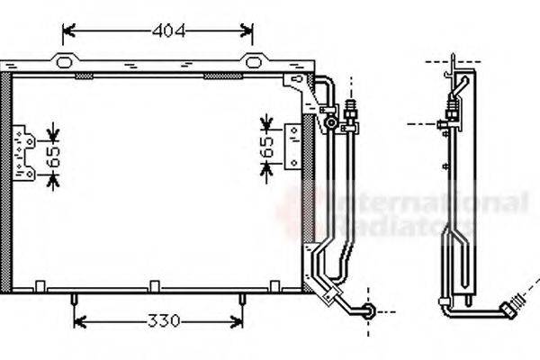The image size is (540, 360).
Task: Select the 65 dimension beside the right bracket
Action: pos(266,148)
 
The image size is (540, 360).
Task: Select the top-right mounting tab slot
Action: pos(253,61)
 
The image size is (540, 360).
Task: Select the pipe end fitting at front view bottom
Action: pos(367,311)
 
